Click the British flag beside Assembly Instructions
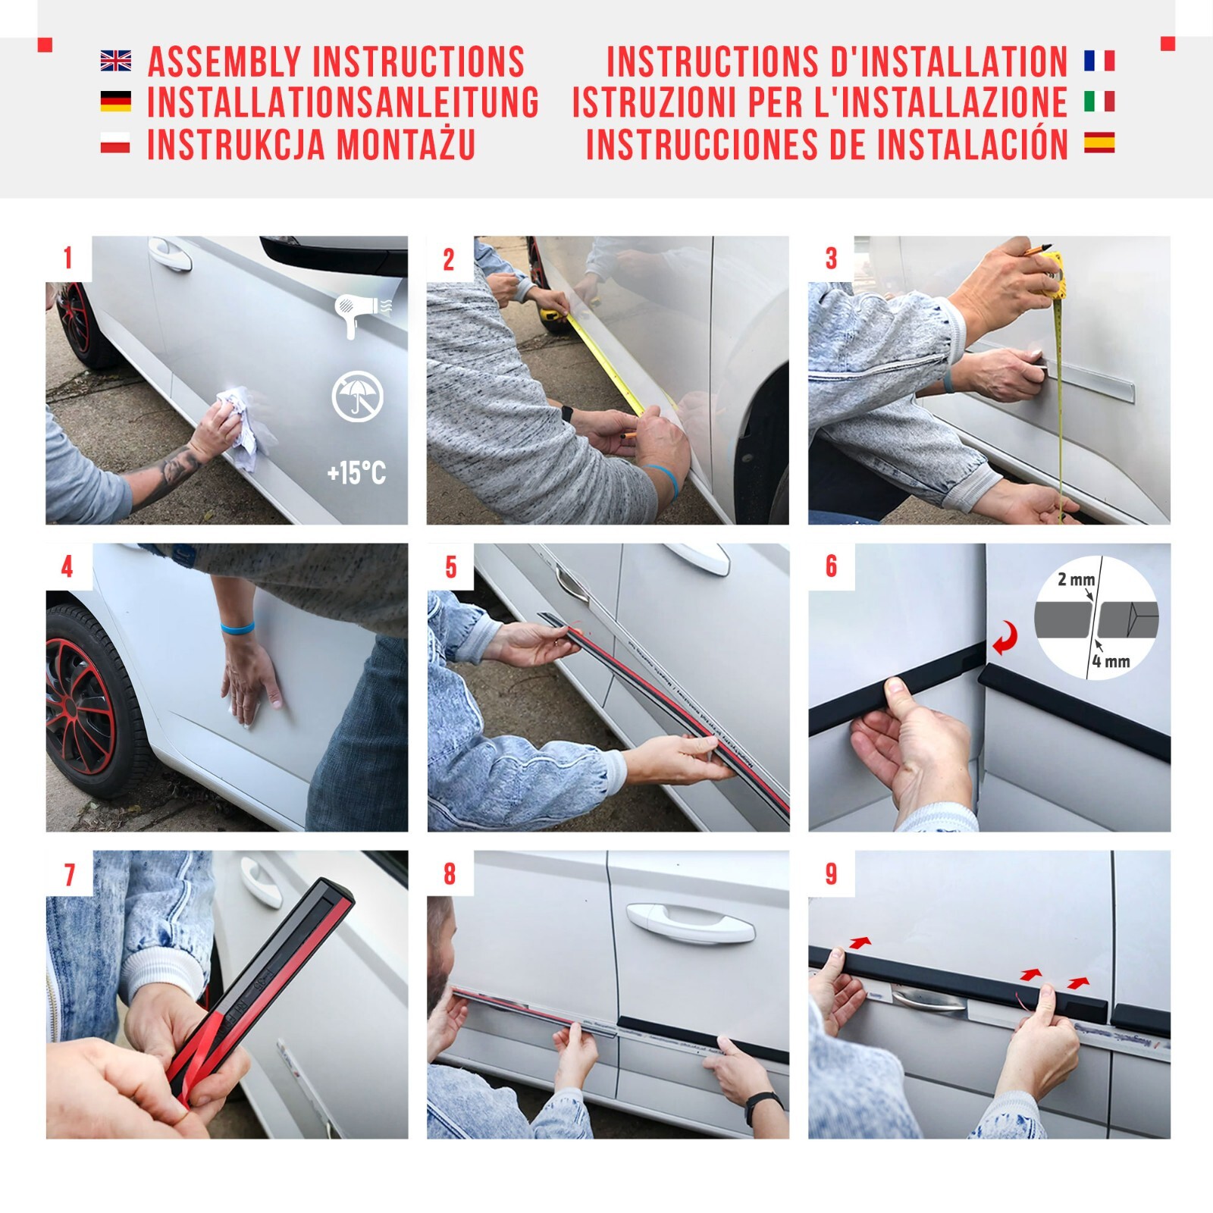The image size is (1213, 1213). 115,61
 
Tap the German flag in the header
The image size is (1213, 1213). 115,102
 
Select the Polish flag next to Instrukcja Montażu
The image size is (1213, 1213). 115,143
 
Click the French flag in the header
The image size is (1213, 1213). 1099,61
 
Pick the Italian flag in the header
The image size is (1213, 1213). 1099,102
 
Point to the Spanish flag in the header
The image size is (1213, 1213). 1099,143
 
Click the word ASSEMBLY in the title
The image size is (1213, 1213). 224,61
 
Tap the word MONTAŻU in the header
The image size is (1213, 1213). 406,144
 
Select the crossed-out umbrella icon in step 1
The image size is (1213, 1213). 357,396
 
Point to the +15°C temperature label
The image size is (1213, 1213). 356,474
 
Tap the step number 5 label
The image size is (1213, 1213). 450,567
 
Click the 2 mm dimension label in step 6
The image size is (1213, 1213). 1076,579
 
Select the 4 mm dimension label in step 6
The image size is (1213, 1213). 1111,662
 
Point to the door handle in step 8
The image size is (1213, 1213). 690,921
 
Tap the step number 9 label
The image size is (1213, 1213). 832,874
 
